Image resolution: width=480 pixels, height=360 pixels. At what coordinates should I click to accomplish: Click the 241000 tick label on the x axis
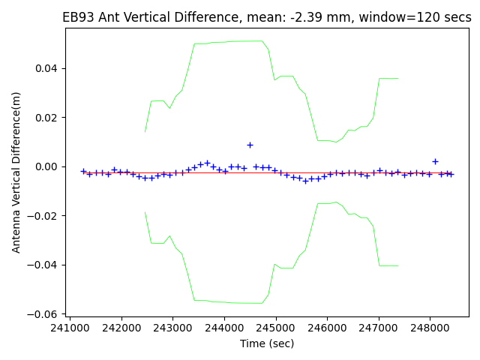(x=70, y=328)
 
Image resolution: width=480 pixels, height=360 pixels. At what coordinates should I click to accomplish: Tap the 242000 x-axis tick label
(x=121, y=328)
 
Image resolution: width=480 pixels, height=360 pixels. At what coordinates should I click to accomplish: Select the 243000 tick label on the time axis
(x=172, y=328)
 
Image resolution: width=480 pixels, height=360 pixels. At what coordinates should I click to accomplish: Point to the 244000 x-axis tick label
(x=224, y=328)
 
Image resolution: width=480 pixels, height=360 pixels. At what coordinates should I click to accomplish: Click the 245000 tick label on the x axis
(x=275, y=328)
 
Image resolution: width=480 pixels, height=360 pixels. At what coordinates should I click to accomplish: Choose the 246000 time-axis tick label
(x=327, y=328)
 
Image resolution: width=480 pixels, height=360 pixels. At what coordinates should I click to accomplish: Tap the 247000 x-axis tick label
(x=378, y=328)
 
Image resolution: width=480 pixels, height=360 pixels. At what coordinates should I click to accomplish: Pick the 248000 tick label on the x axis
(x=430, y=328)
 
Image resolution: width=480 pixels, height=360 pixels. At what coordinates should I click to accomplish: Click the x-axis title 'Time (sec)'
(x=267, y=343)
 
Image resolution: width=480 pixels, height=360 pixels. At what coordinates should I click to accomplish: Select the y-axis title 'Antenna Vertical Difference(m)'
(x=16, y=172)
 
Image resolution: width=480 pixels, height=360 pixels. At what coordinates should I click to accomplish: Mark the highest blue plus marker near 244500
(x=250, y=145)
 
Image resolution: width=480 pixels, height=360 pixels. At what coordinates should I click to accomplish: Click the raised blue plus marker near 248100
(x=435, y=161)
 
